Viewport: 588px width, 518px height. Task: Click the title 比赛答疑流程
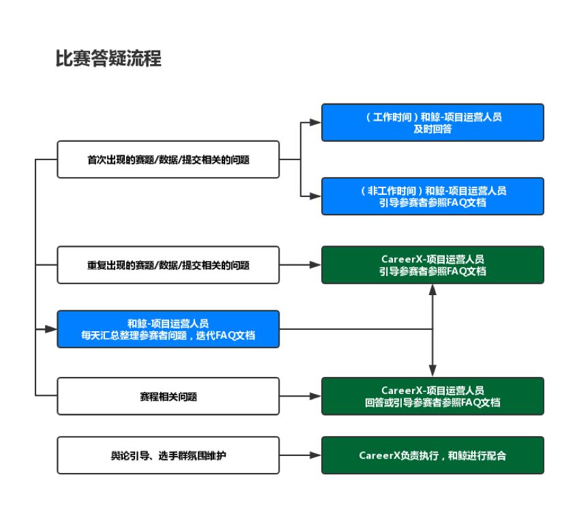108,59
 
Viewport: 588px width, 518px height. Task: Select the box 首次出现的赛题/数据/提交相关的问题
168,159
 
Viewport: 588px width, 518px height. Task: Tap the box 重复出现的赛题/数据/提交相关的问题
168,264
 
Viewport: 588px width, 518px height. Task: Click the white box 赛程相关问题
168,396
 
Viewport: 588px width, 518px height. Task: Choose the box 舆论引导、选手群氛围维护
168,455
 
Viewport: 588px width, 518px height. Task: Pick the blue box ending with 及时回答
432,123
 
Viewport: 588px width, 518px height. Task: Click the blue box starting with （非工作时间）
432,196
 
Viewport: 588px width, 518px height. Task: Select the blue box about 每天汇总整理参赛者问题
168,329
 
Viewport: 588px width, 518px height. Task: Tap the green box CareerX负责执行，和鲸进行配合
432,455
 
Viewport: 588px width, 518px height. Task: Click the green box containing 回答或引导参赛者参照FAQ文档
432,396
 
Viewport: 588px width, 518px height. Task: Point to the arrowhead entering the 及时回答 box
315,123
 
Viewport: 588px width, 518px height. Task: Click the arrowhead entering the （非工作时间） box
315,196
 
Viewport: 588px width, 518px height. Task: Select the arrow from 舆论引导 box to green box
300,455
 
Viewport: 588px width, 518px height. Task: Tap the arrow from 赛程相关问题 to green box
300,396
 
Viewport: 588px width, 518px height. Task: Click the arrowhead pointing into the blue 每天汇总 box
50,329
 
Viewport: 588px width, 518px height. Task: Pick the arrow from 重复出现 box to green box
300,264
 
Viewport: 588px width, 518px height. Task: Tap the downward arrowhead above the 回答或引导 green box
432,371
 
